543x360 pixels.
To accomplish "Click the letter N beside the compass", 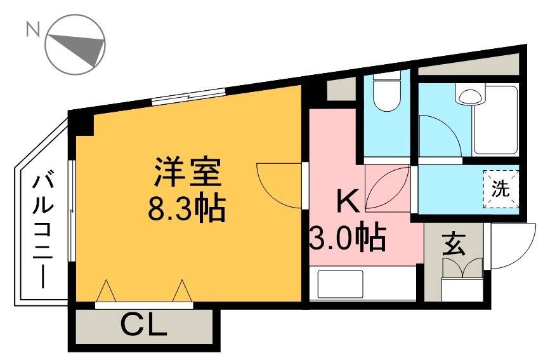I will pyautogui.click(x=30, y=29).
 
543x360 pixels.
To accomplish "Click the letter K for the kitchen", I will pyautogui.click(x=347, y=202).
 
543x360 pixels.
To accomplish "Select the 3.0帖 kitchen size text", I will pyautogui.click(x=348, y=237).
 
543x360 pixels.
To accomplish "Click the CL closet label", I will pyautogui.click(x=143, y=326).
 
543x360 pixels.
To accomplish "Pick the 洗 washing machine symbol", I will pyautogui.click(x=501, y=189).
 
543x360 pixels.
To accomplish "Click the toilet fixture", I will pyautogui.click(x=384, y=93).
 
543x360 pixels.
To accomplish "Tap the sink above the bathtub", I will pyautogui.click(x=470, y=97).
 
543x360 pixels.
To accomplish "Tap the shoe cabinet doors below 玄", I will pyautogui.click(x=462, y=269).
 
